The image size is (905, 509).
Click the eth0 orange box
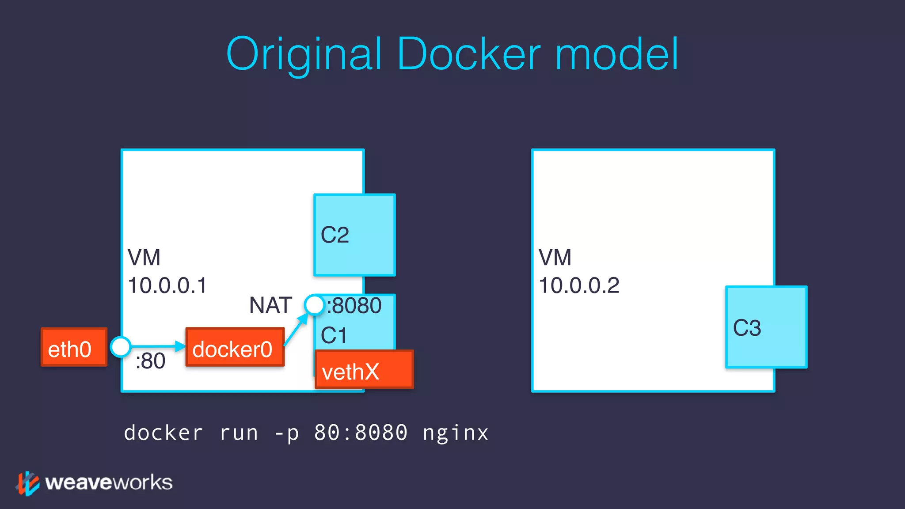74,347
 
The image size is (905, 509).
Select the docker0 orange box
235,347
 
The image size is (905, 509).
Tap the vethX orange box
364,370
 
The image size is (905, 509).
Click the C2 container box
354,235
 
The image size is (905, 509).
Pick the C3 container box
766,327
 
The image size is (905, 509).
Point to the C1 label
334,335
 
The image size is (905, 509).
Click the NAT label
270,305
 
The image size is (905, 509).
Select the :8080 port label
354,306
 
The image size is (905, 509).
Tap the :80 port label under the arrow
151,361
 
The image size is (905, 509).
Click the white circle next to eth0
120,347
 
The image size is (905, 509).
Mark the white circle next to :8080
315,305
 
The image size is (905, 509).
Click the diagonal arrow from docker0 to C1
295,330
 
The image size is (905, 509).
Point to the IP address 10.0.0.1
167,285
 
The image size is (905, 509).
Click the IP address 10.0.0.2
579,285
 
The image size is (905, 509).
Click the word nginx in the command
456,433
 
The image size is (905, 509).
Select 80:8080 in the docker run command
361,433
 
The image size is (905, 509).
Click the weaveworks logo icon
28,483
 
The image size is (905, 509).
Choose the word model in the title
616,54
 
